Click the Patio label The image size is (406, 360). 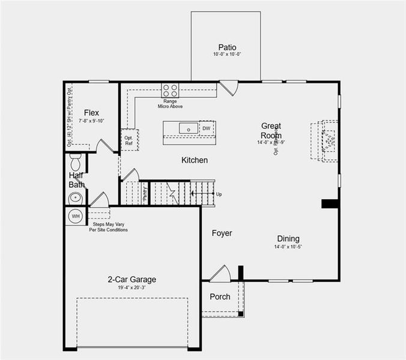coord(227,47)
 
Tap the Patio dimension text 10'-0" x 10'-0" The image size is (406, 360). coord(227,55)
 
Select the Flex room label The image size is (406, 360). coord(91,113)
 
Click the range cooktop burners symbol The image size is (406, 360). coord(170,91)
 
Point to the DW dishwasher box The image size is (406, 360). coord(207,128)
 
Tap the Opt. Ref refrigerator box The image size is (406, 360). coord(129,140)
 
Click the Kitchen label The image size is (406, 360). coord(195,160)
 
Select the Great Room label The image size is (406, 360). coord(271,131)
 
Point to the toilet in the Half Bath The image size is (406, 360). coord(76,161)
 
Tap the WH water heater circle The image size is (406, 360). coord(76,216)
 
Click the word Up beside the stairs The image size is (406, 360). coord(219,194)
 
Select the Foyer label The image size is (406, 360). coord(222,233)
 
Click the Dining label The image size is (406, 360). coord(288,239)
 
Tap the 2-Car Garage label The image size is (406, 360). coord(132,279)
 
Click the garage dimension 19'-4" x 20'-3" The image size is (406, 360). coord(132,287)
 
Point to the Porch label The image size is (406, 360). coord(220,297)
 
